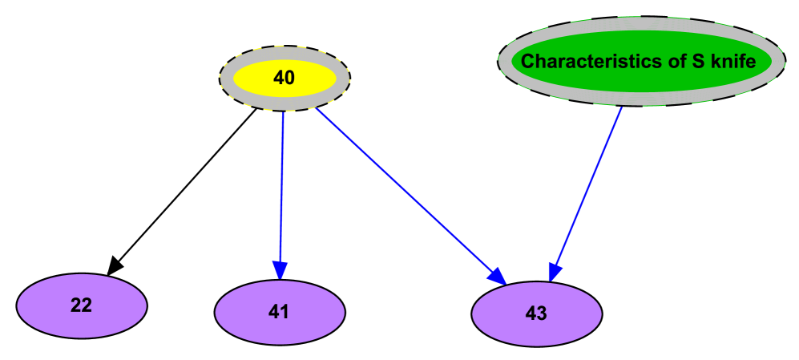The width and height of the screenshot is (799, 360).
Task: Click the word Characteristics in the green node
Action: pos(575,61)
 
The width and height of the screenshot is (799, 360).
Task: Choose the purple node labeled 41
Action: pos(280,313)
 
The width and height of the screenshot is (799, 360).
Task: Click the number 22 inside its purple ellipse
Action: pos(81,305)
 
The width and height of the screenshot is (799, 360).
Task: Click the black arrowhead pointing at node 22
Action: pos(115,264)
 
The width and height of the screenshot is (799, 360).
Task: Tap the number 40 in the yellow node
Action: pos(284,78)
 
